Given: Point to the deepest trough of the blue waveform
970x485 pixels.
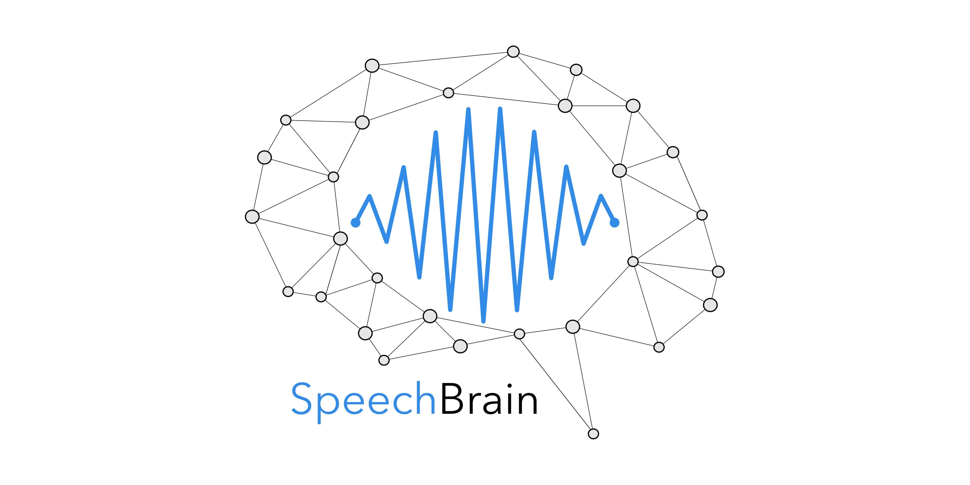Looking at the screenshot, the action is pyautogui.click(x=484, y=321).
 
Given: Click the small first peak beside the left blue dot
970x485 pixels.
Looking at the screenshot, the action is pyautogui.click(x=370, y=196).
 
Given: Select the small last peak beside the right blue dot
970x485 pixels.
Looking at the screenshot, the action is pyautogui.click(x=601, y=196).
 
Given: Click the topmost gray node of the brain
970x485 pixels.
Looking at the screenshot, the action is pyautogui.click(x=513, y=52).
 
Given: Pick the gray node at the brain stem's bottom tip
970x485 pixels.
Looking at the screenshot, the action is pyautogui.click(x=593, y=434).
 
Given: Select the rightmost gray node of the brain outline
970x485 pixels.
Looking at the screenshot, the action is pyautogui.click(x=718, y=271).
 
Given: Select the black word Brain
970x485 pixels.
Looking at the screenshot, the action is pyautogui.click(x=488, y=400).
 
